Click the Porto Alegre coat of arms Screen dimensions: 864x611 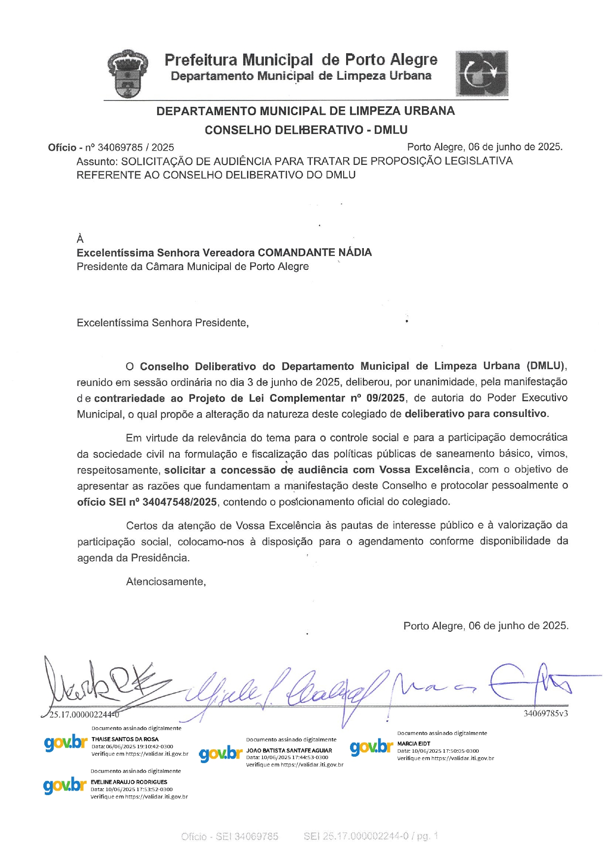(x=128, y=74)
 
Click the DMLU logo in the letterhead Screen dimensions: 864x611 (x=482, y=74)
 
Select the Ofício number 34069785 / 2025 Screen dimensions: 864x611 (x=136, y=148)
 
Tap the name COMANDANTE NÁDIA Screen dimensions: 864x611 (x=315, y=253)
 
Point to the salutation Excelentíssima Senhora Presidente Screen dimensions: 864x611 (x=162, y=323)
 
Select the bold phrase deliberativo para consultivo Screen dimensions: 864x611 (x=476, y=414)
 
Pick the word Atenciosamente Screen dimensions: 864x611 (x=165, y=582)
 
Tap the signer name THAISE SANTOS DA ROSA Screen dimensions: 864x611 (x=125, y=739)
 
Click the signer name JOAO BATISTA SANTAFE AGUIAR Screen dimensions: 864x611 (x=289, y=750)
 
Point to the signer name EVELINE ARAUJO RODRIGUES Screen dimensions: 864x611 (x=129, y=782)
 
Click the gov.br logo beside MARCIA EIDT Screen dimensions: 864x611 (x=371, y=747)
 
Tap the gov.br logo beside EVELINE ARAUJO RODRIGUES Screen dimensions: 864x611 (x=65, y=785)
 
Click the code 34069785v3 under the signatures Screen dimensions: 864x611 (x=546, y=713)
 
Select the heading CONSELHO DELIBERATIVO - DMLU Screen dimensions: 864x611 (x=306, y=130)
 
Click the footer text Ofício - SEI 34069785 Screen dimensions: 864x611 (x=230, y=836)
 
